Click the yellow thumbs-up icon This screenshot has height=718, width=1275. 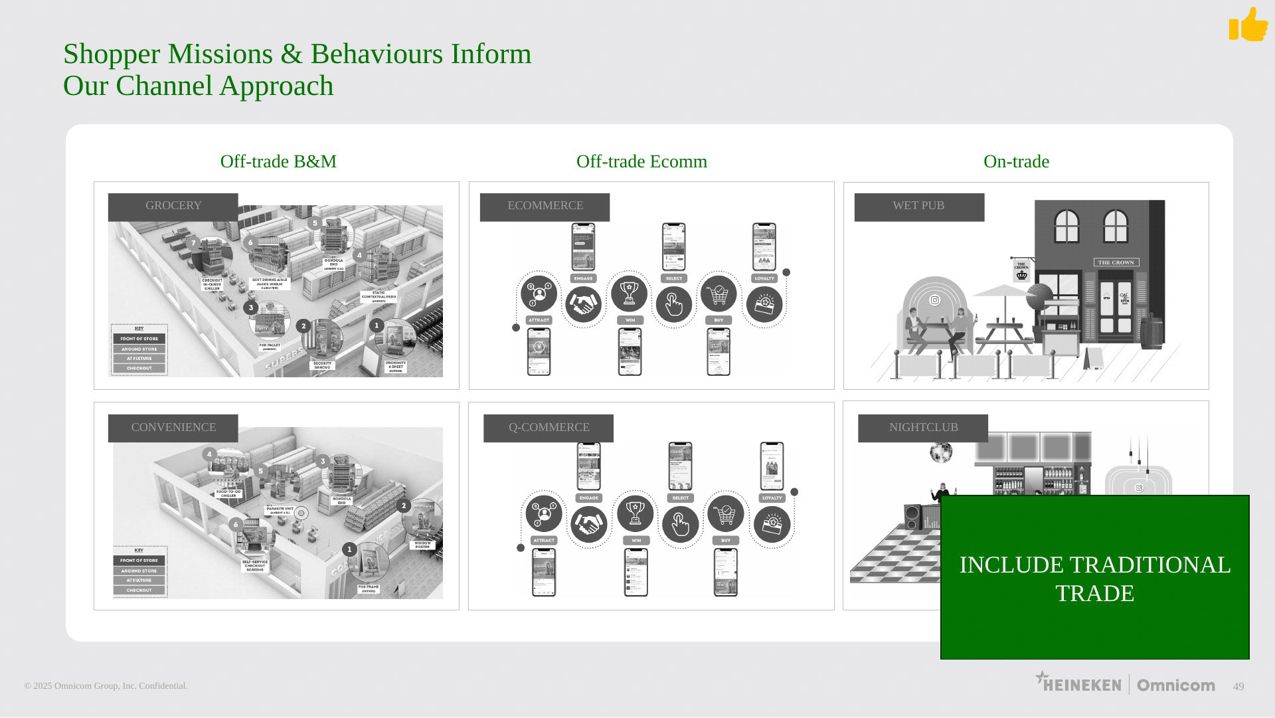pos(1248,25)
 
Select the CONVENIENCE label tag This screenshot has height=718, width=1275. pos(173,428)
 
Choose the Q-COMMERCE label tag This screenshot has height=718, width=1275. pos(549,428)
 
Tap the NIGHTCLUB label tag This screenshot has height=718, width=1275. pos(923,428)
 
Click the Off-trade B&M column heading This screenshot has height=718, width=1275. pos(278,161)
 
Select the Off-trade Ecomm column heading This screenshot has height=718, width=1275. pos(641,161)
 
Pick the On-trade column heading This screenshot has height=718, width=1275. pos(1016,161)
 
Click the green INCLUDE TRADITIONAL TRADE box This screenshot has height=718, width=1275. pos(1094,577)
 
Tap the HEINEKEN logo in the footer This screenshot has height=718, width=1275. pos(1078,683)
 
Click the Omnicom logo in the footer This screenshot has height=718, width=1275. pos(1175,685)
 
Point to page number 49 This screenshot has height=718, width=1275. pos(1238,687)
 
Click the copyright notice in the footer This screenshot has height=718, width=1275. pos(106,686)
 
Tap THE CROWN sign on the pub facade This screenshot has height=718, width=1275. pos(1116,262)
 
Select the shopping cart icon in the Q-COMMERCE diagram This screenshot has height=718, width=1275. pos(726,513)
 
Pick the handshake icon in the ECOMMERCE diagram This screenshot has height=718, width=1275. pos(583,305)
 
